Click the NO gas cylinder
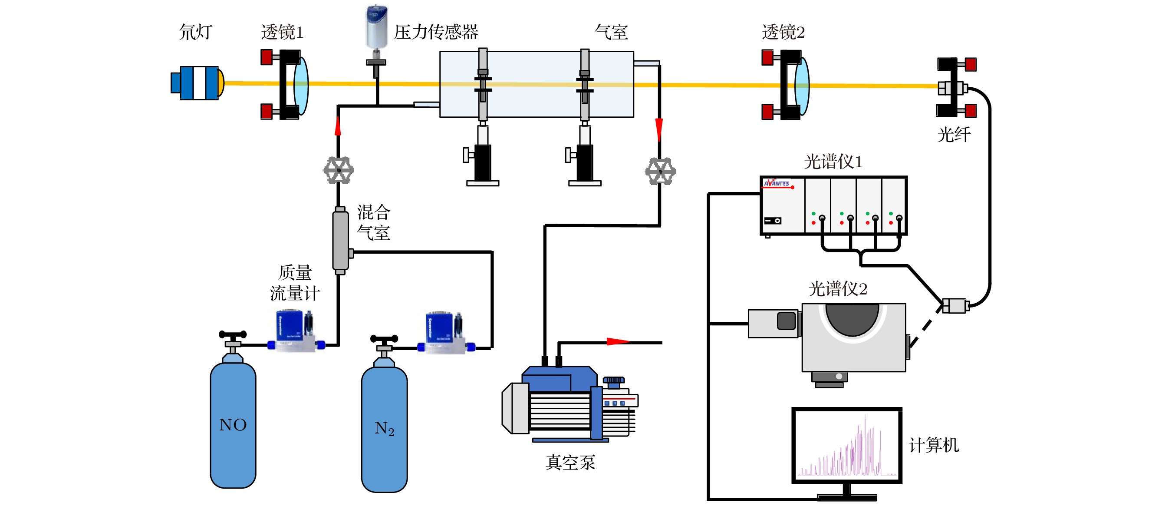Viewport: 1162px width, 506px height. coord(233,424)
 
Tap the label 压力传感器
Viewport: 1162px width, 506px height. coord(436,32)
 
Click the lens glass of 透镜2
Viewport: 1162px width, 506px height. coord(802,85)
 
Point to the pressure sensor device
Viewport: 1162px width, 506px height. coord(376,27)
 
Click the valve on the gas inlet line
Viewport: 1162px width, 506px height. coord(338,170)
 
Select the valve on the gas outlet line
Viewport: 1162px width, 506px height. coord(660,171)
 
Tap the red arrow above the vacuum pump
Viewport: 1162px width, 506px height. coord(618,342)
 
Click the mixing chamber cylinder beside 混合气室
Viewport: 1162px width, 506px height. coord(341,241)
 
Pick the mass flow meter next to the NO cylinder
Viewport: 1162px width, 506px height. coord(296,331)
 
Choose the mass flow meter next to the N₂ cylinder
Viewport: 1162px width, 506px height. coord(446,332)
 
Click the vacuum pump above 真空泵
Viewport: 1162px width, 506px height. coord(569,404)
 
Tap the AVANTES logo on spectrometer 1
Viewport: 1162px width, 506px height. coord(777,183)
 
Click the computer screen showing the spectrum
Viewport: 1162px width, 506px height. coord(847,445)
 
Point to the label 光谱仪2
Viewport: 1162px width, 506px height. coord(838,289)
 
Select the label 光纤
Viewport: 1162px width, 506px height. coord(954,135)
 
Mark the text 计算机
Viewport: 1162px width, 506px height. coord(933,445)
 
